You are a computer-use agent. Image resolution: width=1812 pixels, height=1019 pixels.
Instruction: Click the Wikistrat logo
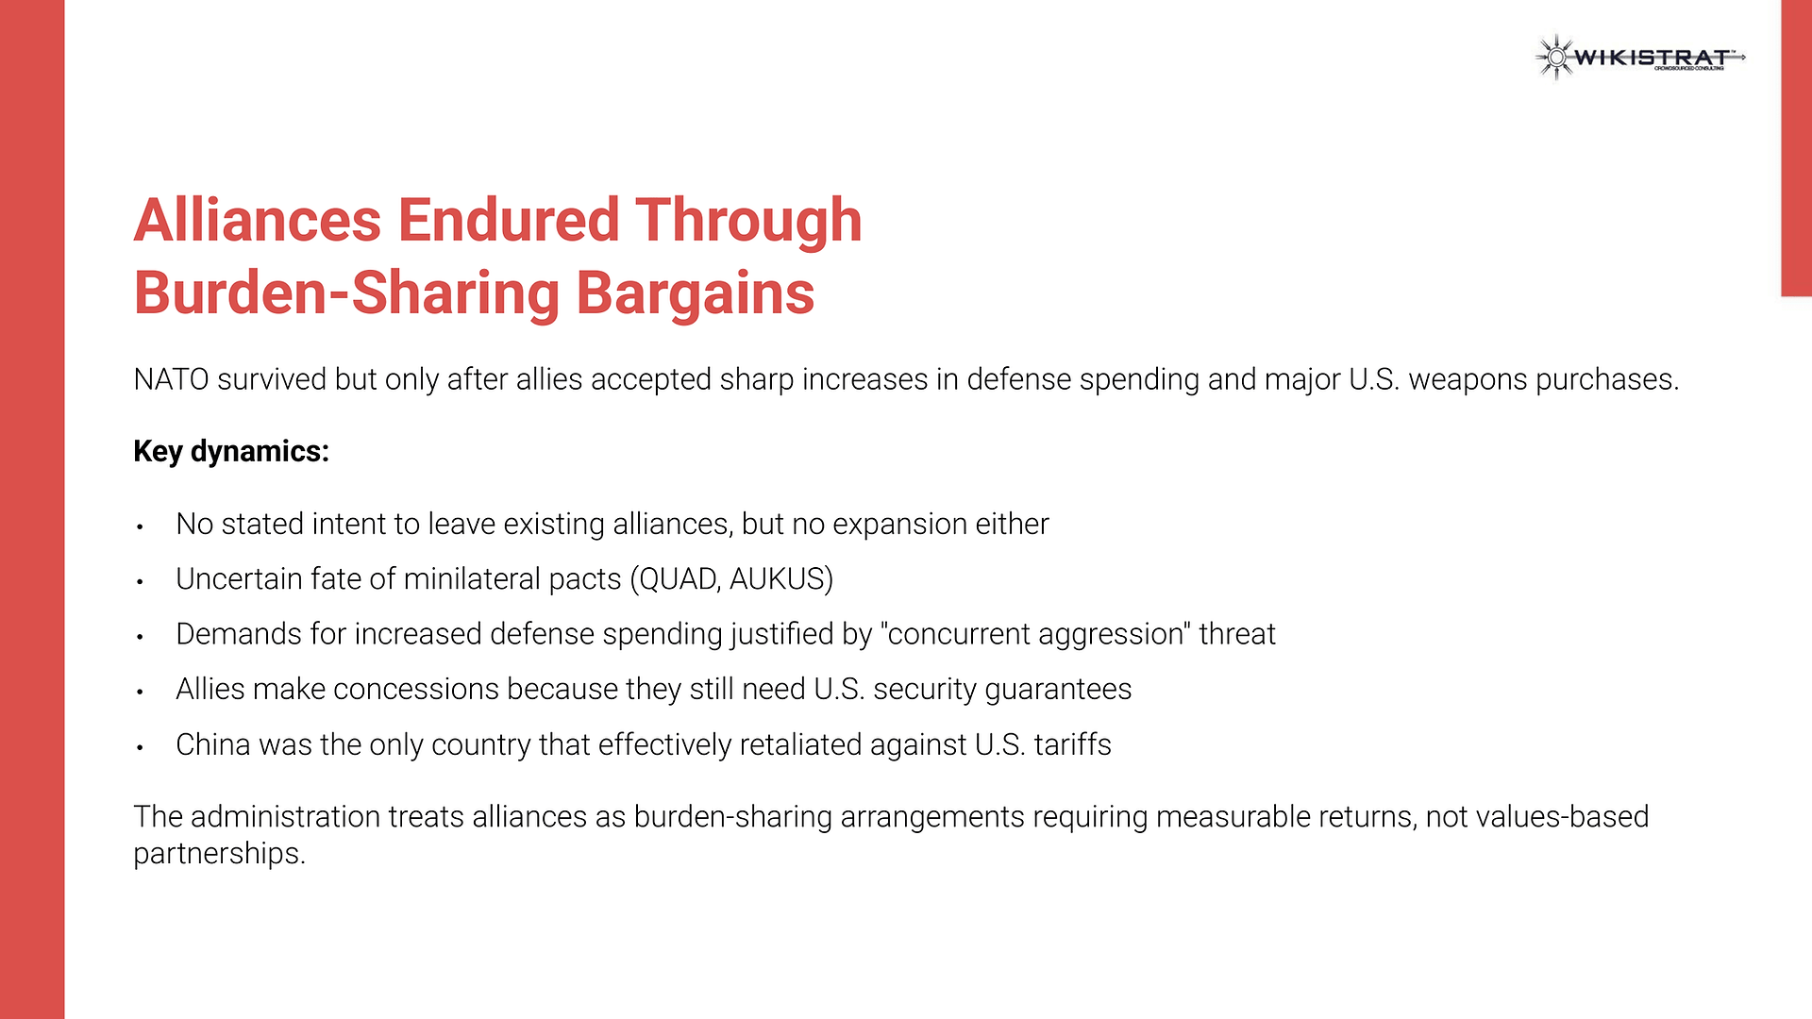pyautogui.click(x=1640, y=58)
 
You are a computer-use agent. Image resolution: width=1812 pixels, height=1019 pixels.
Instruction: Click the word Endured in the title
pyautogui.click(x=508, y=220)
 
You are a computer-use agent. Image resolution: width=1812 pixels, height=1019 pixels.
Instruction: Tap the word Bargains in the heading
pyautogui.click(x=695, y=293)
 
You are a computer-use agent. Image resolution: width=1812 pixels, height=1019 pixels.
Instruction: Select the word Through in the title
pyautogui.click(x=748, y=220)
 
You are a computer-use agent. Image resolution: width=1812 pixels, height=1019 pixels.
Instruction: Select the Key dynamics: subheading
pyautogui.click(x=231, y=452)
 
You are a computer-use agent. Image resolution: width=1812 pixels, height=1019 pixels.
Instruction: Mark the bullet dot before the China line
pyautogui.click(x=140, y=747)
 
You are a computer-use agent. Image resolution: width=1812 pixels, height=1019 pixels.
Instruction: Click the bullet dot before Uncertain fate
pyautogui.click(x=140, y=581)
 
